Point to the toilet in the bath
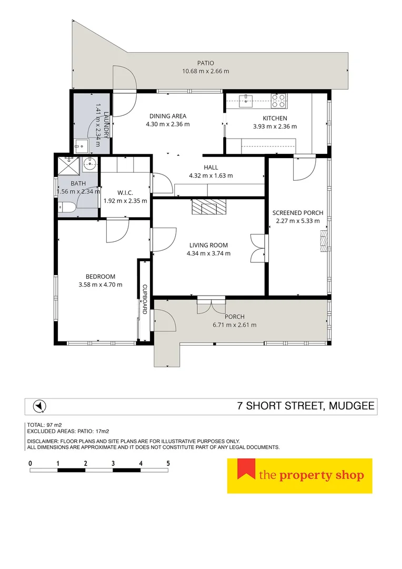[65, 208]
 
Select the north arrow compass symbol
[38, 406]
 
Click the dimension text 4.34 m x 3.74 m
[208, 253]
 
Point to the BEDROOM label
[100, 277]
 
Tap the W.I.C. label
[125, 192]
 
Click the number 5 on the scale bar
[168, 463]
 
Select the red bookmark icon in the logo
[245, 469]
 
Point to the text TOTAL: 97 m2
[44, 425]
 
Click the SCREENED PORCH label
[298, 213]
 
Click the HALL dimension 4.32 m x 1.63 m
[211, 176]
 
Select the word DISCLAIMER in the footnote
[44, 441]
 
